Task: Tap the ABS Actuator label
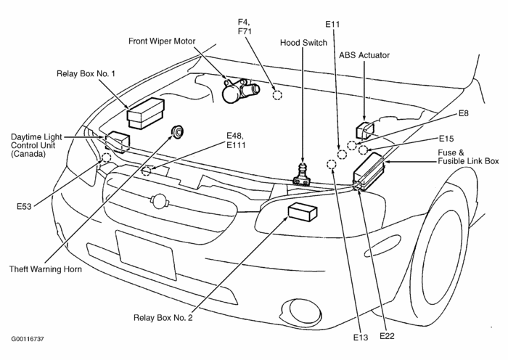364,54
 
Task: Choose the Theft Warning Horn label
46,269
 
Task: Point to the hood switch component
300,174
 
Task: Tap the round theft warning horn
176,132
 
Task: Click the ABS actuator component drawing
364,129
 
